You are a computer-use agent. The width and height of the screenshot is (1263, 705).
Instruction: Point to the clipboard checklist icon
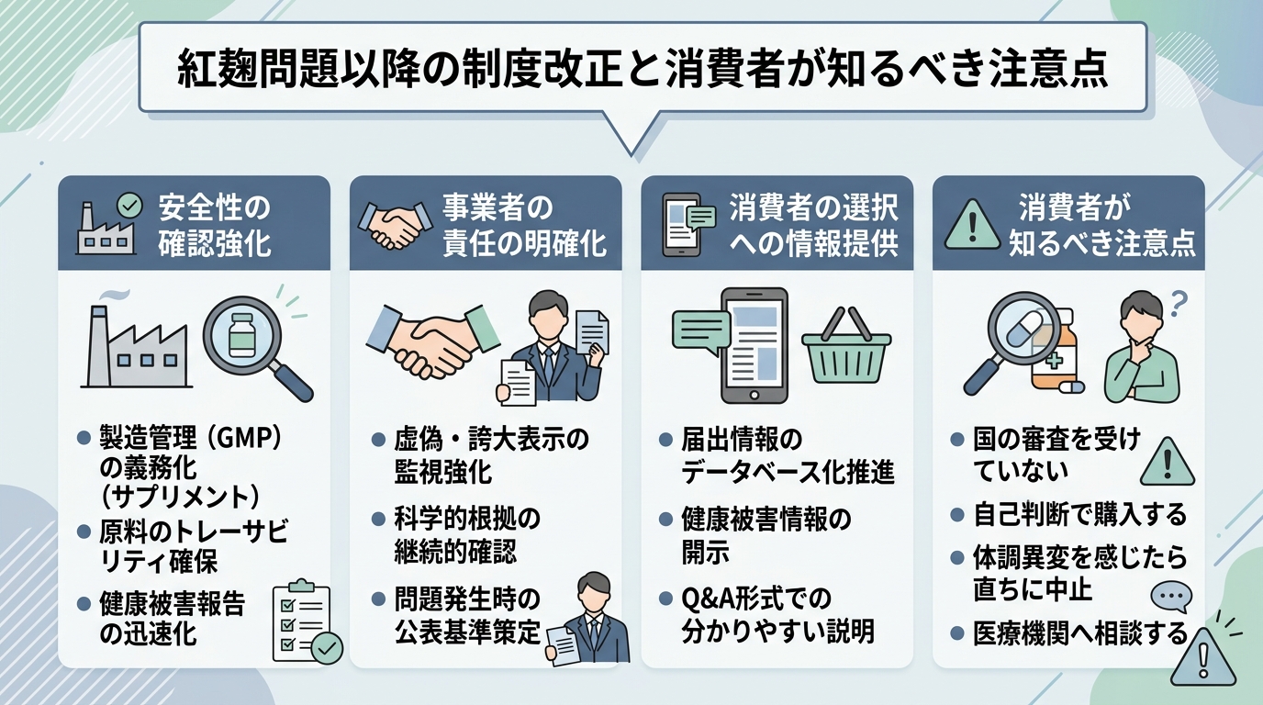click(307, 621)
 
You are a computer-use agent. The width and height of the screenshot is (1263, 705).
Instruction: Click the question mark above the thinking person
click(1179, 300)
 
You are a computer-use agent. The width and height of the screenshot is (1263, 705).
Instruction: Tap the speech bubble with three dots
click(1169, 598)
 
